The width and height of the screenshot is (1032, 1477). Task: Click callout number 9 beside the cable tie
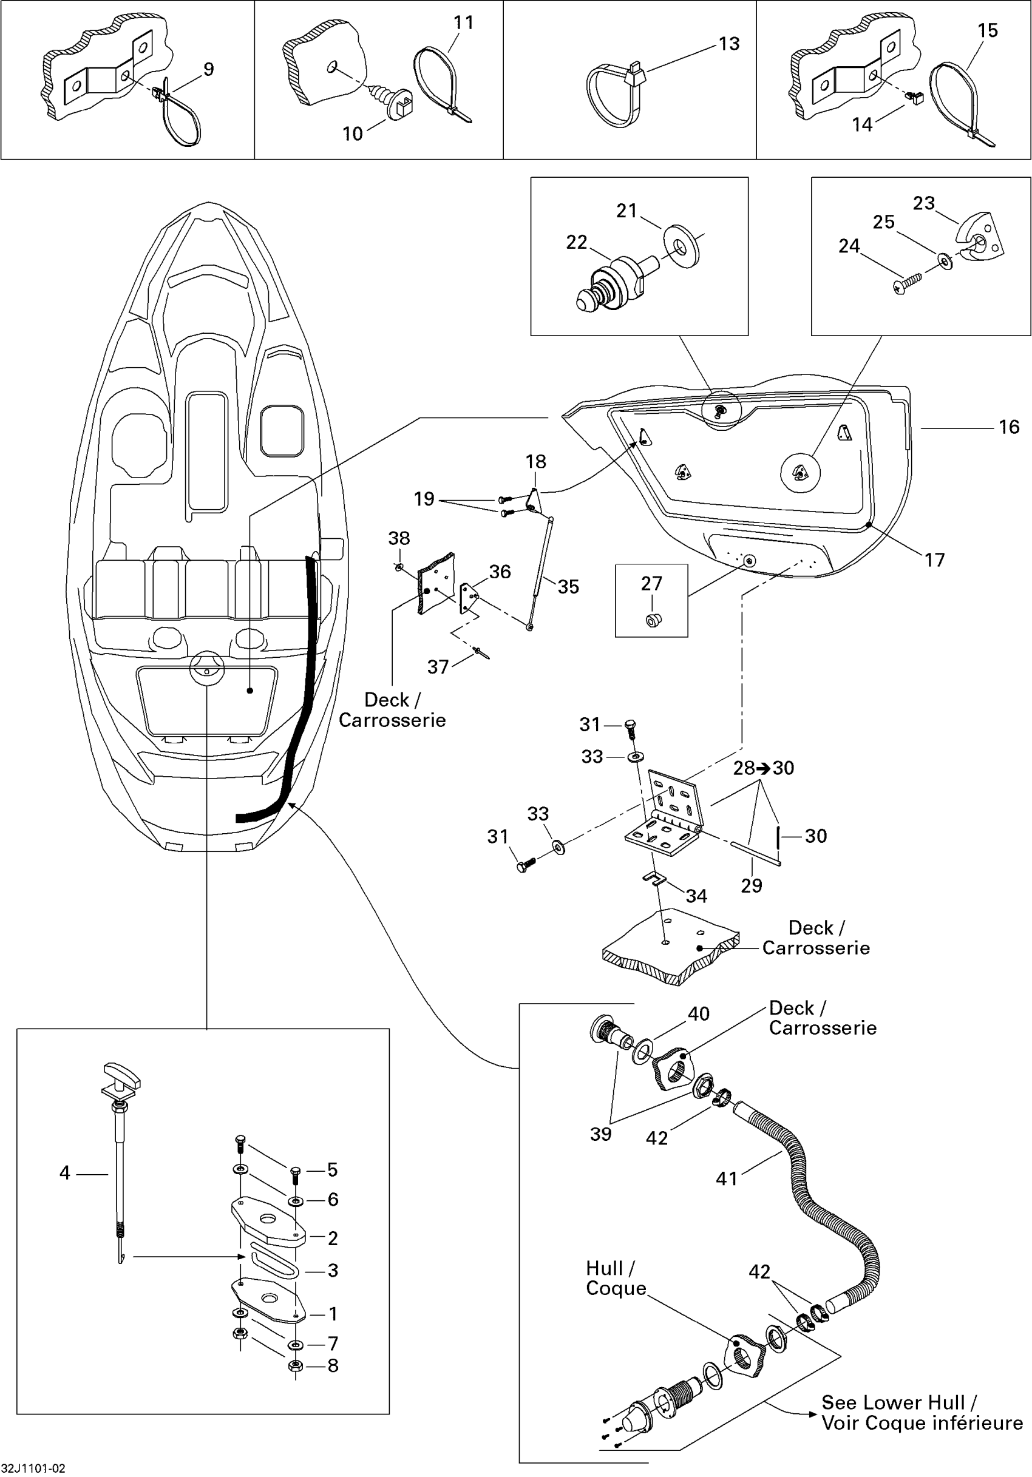[208, 69]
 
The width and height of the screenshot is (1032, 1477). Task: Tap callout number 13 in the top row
[729, 44]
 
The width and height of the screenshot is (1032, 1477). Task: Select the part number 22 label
[577, 243]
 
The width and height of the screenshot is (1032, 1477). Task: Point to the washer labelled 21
[682, 246]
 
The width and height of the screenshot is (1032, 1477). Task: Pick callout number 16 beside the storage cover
[1009, 427]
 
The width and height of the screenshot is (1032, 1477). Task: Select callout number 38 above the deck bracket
[399, 538]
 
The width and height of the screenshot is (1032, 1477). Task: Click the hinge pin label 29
[752, 886]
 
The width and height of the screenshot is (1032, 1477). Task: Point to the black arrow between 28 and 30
[764, 768]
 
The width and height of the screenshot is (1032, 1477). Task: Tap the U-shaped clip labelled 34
[654, 878]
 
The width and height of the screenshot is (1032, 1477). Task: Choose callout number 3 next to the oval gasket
[333, 1271]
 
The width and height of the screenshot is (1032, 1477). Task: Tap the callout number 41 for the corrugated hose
[727, 1178]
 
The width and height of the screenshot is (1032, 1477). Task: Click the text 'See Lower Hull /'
[900, 1402]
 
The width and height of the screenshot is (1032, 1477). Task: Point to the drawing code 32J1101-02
[33, 1469]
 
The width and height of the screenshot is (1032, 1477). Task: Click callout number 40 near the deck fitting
[699, 1014]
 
